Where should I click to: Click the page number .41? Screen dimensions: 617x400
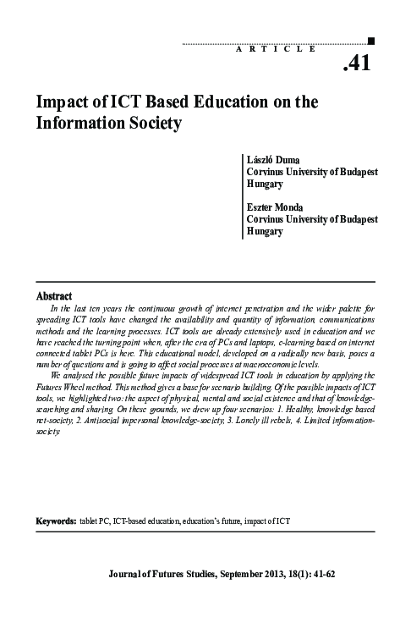click(358, 63)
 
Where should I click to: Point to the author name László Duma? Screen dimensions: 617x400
click(269, 158)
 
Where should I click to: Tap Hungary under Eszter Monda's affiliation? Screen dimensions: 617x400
click(265, 230)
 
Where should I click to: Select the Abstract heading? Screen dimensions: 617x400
click(53, 296)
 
